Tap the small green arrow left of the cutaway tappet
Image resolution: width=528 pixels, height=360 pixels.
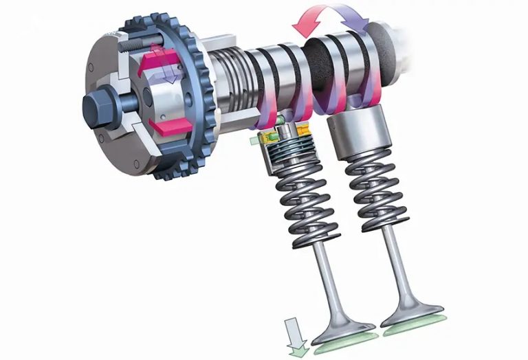point(255,141)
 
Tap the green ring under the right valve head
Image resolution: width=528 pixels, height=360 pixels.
point(417,325)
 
